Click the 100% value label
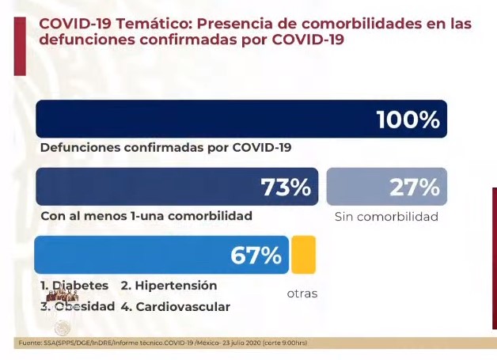point(408,120)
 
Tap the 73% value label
point(286,188)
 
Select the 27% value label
point(414,188)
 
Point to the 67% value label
point(256,256)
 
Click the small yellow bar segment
point(303,255)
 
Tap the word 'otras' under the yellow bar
point(302,294)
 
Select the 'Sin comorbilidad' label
point(386,216)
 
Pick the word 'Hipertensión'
point(175,285)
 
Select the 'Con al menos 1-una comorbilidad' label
point(146,215)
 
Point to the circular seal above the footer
point(62,327)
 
